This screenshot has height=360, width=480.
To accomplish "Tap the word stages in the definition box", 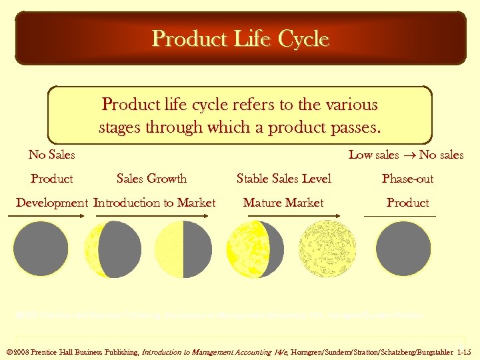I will pyautogui.click(x=123, y=127).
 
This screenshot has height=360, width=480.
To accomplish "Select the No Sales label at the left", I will pyautogui.click(x=51, y=155).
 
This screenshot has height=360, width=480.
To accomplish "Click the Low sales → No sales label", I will pyautogui.click(x=406, y=155).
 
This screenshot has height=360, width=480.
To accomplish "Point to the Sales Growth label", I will pyautogui.click(x=151, y=179).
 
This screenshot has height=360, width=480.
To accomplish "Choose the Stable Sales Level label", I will pyautogui.click(x=284, y=179).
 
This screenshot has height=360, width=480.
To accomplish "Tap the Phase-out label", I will pyautogui.click(x=407, y=179).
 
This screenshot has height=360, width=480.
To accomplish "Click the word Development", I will pyautogui.click(x=52, y=203).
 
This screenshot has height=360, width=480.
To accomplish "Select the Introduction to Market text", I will pyautogui.click(x=155, y=203).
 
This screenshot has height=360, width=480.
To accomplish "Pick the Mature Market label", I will pyautogui.click(x=283, y=203).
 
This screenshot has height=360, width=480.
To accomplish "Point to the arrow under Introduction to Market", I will pyautogui.click(x=155, y=217).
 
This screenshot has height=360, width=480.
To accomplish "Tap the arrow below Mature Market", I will pyautogui.click(x=283, y=217).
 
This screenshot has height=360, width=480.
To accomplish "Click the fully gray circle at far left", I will pyautogui.click(x=41, y=249).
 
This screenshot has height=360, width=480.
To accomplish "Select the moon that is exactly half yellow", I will pyautogui.click(x=183, y=249).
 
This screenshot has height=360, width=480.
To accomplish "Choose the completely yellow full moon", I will pyautogui.click(x=327, y=249).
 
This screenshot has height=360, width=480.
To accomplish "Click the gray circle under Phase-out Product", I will pyautogui.click(x=403, y=249).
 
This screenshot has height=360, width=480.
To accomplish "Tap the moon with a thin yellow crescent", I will pyautogui.click(x=112, y=249).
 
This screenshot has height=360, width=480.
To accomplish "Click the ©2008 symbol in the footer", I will pyautogui.click(x=18, y=351).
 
